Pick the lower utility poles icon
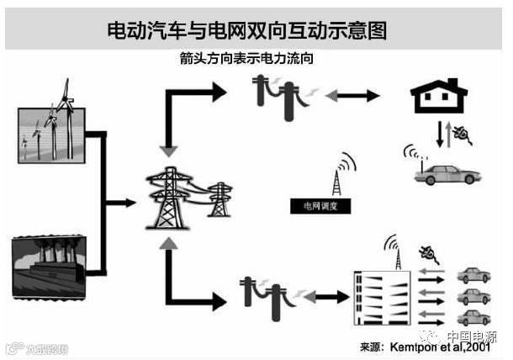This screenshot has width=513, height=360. coord(271,294)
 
